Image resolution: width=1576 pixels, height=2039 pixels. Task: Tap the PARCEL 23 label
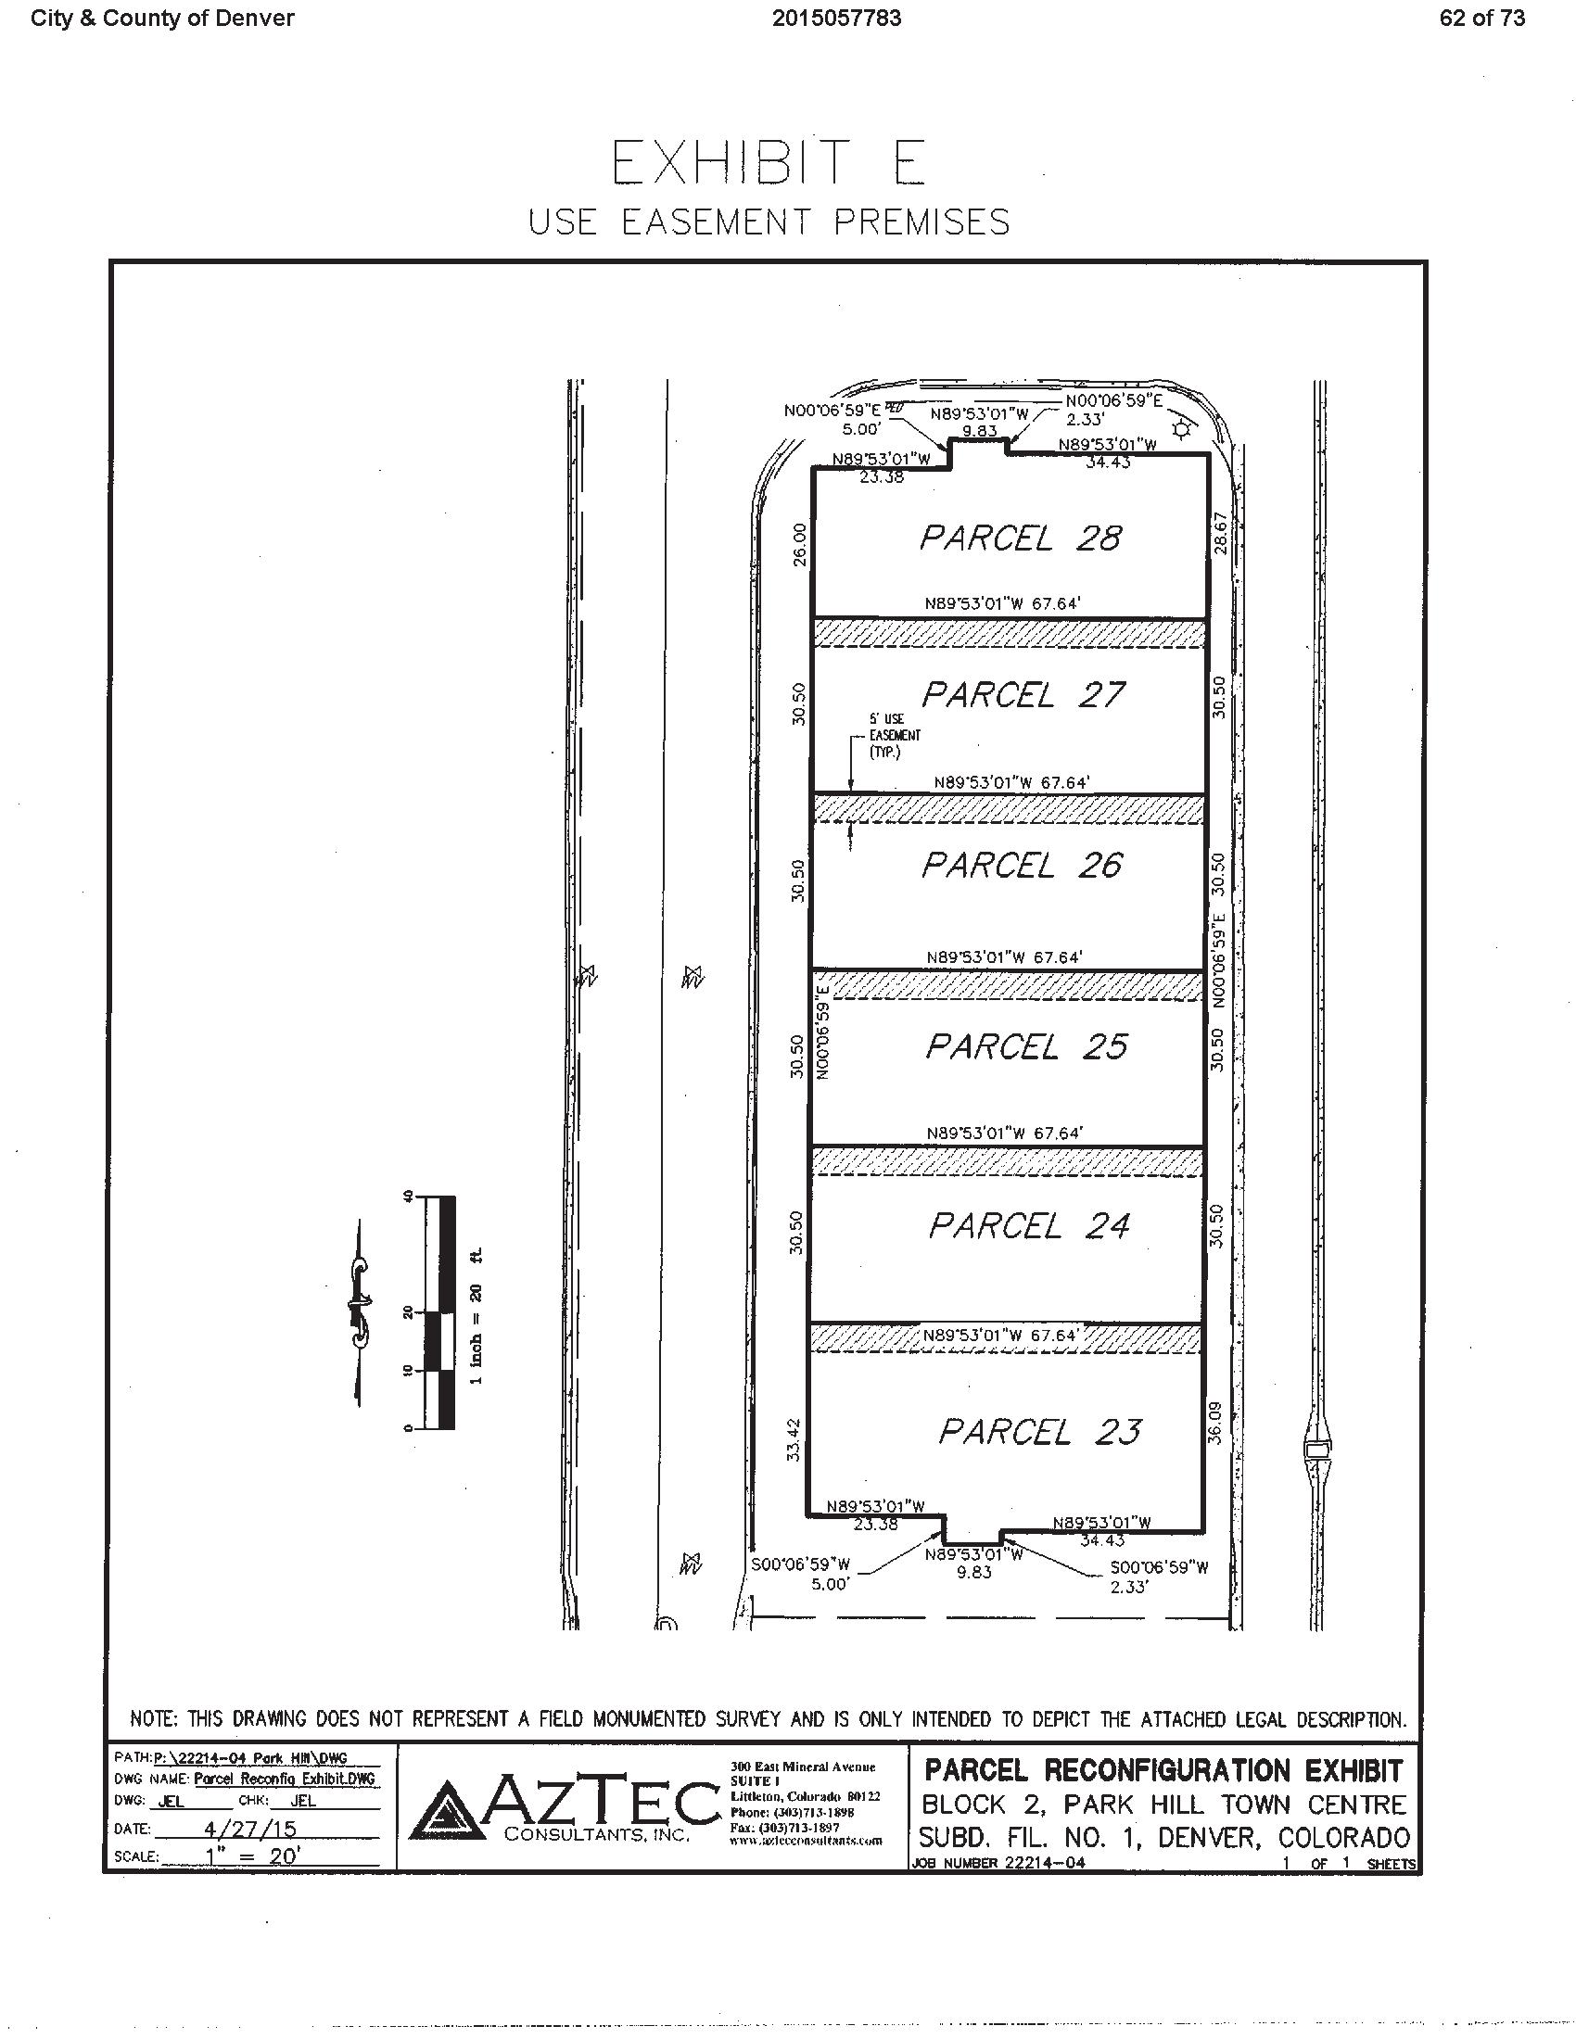point(1039,1431)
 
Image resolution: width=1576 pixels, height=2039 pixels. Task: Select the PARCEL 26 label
point(1022,866)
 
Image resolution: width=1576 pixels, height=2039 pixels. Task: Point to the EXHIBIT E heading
point(768,162)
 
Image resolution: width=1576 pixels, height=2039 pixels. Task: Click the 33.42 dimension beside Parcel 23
point(794,1439)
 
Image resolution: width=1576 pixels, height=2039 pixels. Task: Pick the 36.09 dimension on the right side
point(1215,1423)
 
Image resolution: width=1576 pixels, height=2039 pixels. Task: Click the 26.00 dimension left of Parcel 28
point(798,543)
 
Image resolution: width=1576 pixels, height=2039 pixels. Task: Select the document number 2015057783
point(836,19)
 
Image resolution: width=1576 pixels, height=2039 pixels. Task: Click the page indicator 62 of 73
point(1481,19)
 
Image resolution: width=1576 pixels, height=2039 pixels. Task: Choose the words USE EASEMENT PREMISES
point(769,222)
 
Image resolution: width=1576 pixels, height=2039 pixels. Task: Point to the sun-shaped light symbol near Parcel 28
point(1182,430)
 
